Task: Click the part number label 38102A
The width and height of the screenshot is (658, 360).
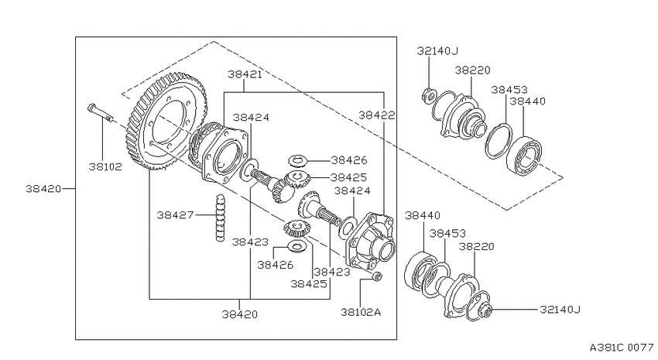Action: [361, 312]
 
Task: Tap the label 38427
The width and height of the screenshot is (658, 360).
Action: [176, 214]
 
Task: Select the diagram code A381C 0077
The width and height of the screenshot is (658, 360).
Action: [622, 348]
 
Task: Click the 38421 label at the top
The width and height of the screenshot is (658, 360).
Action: [245, 74]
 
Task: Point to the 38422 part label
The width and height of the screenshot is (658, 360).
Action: [377, 115]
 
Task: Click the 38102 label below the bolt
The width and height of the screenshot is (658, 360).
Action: [105, 166]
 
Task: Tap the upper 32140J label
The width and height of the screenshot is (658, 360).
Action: [437, 51]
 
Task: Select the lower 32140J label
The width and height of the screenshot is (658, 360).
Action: [560, 309]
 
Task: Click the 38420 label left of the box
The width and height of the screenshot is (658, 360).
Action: [43, 189]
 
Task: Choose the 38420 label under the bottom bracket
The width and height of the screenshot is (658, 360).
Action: [240, 314]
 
